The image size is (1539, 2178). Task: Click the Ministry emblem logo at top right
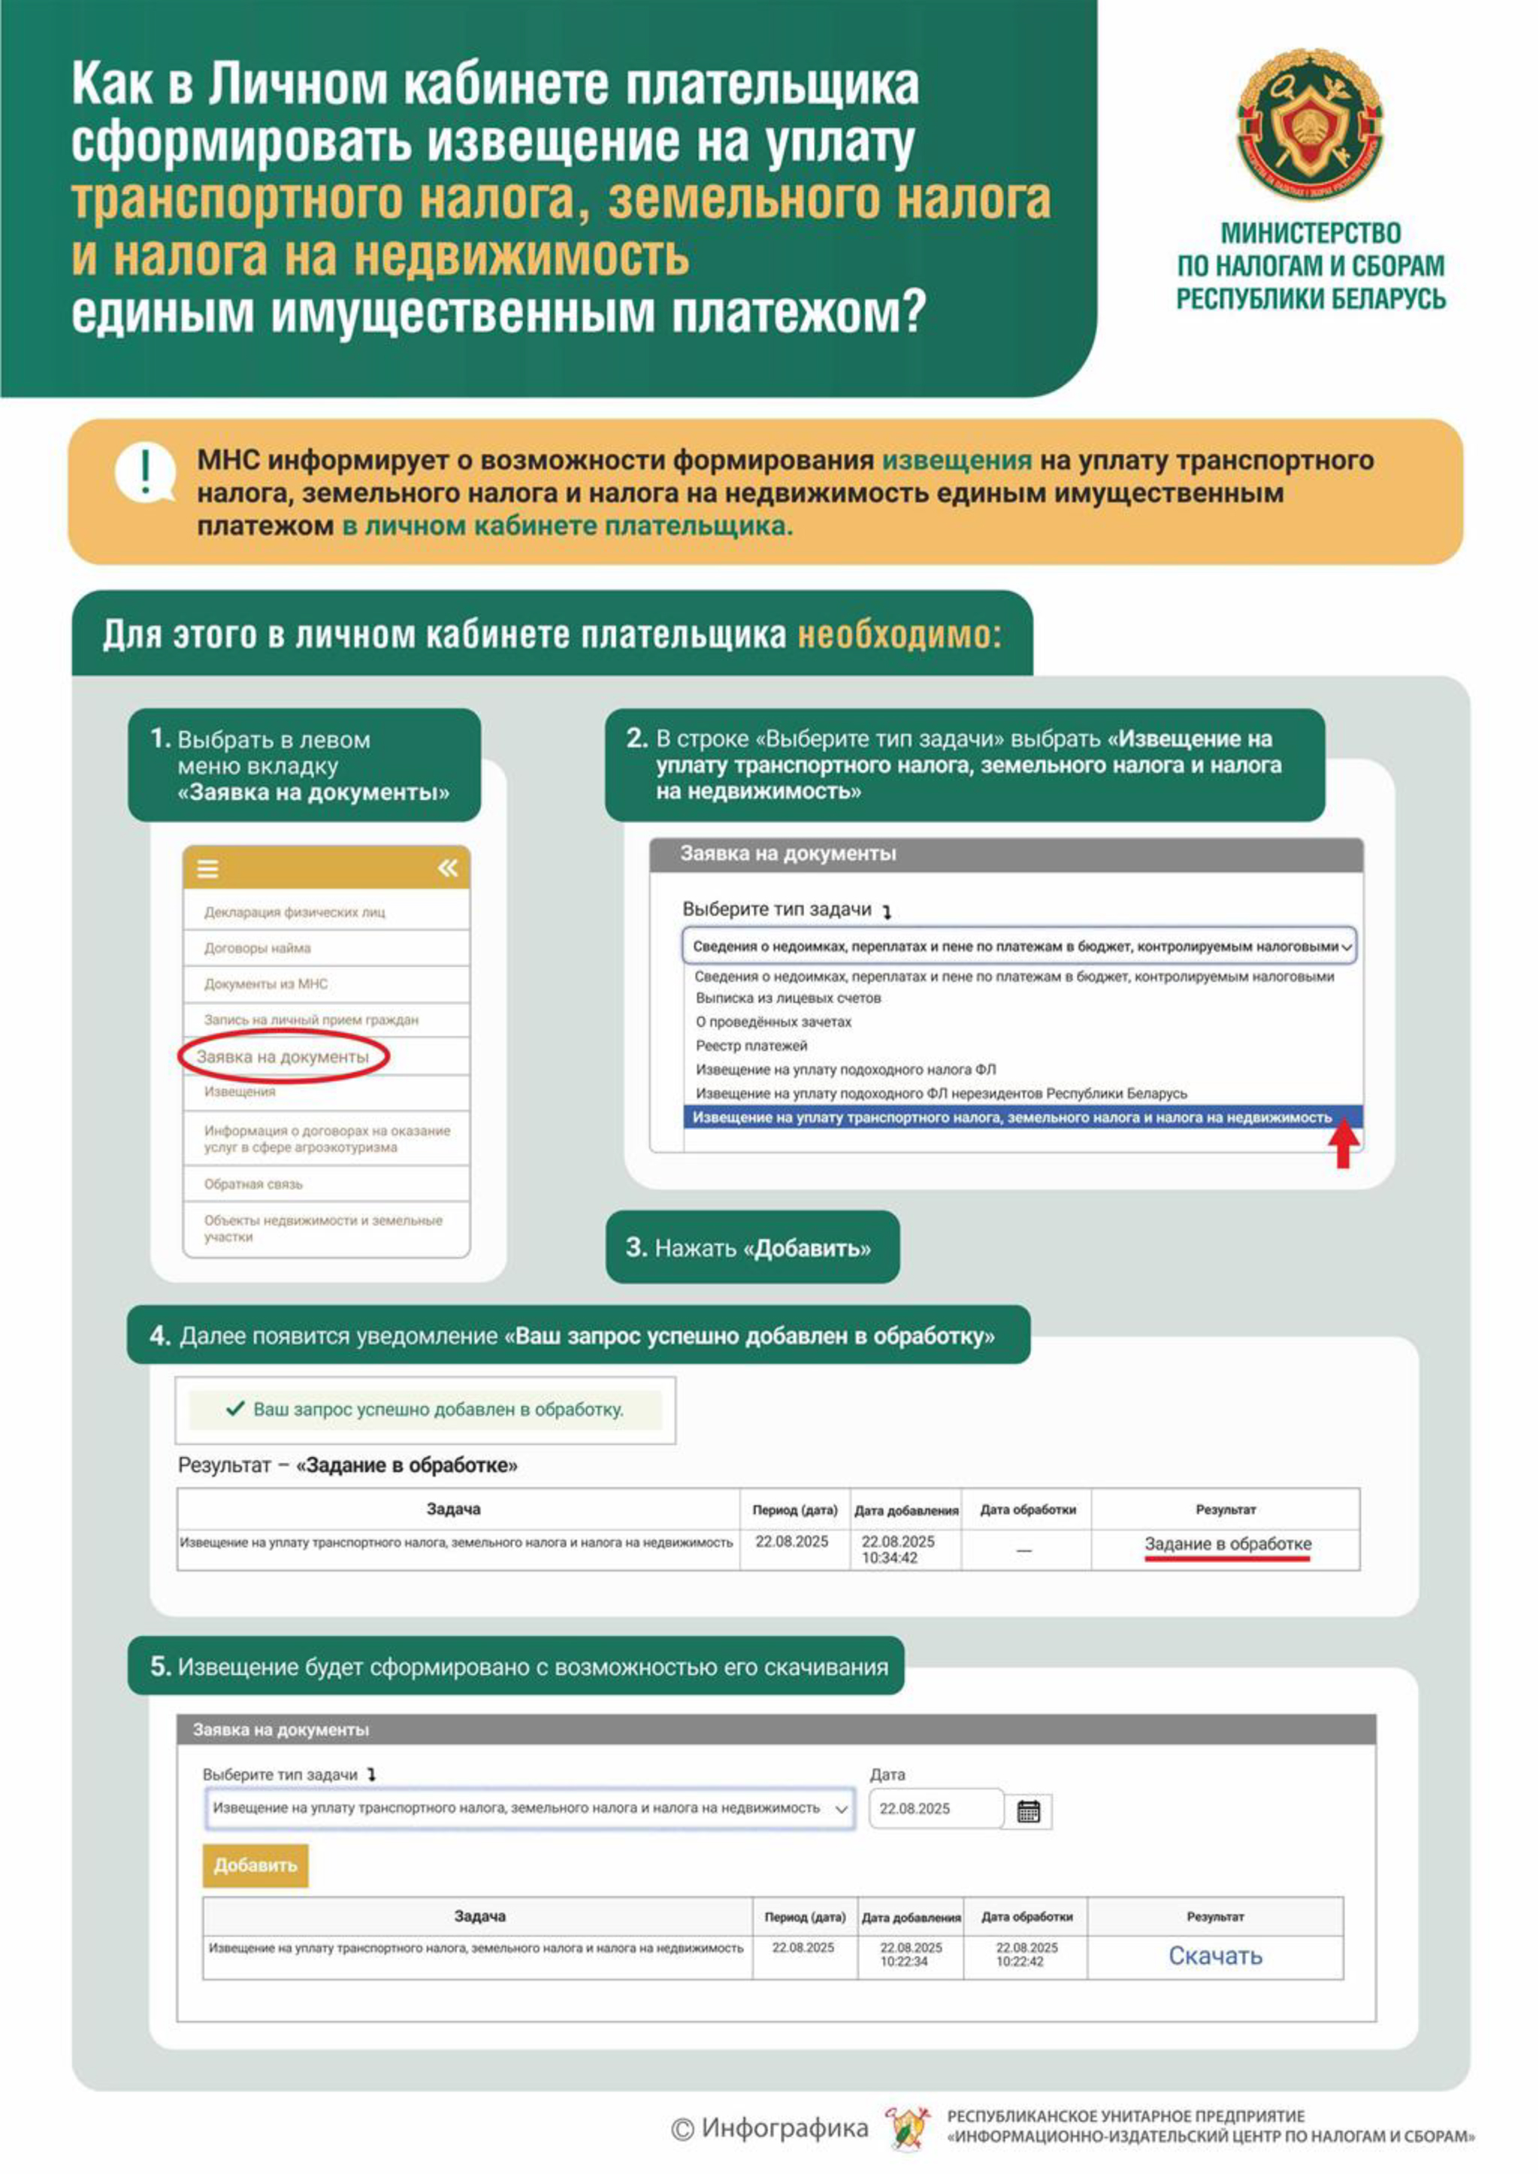pos(1310,123)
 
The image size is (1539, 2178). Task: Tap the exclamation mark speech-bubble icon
pos(145,471)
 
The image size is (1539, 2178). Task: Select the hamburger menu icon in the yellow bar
pos(207,868)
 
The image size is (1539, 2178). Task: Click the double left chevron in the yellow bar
pos(448,868)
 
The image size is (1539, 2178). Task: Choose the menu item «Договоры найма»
pos(257,947)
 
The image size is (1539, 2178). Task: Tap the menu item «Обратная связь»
pos(253,1184)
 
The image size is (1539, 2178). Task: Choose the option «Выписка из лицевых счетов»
pos(788,998)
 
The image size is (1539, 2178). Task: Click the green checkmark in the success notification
pos(235,1409)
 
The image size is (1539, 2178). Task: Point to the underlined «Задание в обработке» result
pos(1227,1544)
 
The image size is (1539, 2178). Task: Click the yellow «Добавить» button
pos(255,1865)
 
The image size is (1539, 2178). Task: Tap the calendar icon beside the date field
pos(1028,1812)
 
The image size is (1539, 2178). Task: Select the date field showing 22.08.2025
pos(935,1809)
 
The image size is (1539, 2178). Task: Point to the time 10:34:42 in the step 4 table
pos(890,1558)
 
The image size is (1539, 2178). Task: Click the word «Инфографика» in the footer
pos(785,2128)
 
